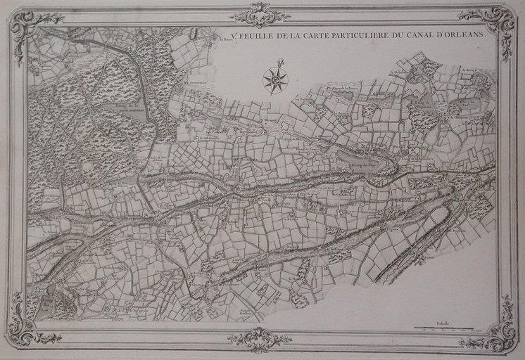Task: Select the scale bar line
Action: pyautogui.click(x=451, y=328)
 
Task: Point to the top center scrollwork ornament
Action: pyautogui.click(x=260, y=15)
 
